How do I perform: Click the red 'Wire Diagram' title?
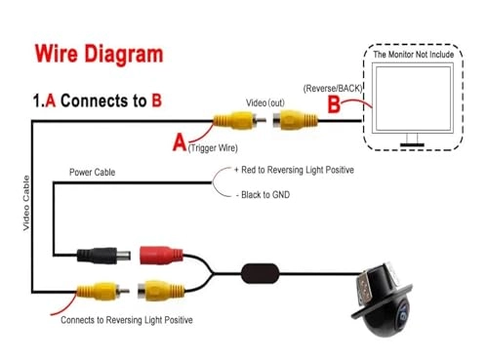pos(99,54)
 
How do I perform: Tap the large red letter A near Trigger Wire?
pos(180,142)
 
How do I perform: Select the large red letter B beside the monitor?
pos(334,104)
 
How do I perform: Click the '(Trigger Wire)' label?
pos(213,148)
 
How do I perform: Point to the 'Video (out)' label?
pos(265,102)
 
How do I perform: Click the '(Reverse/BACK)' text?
pos(333,89)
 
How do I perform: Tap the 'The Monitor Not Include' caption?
pos(414,55)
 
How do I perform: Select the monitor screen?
pos(413,98)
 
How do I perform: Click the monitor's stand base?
pos(412,144)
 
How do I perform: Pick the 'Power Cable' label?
pos(92,172)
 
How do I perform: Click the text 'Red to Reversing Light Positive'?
pos(298,170)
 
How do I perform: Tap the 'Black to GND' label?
pos(265,195)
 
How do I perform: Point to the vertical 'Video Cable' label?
pos(26,203)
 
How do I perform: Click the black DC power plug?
pos(103,256)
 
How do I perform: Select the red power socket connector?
pos(161,255)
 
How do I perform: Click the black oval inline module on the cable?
pos(261,273)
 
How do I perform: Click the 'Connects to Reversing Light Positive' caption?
pos(127,320)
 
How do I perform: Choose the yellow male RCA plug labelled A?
pos(240,121)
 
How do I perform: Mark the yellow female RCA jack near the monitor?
pos(295,120)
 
